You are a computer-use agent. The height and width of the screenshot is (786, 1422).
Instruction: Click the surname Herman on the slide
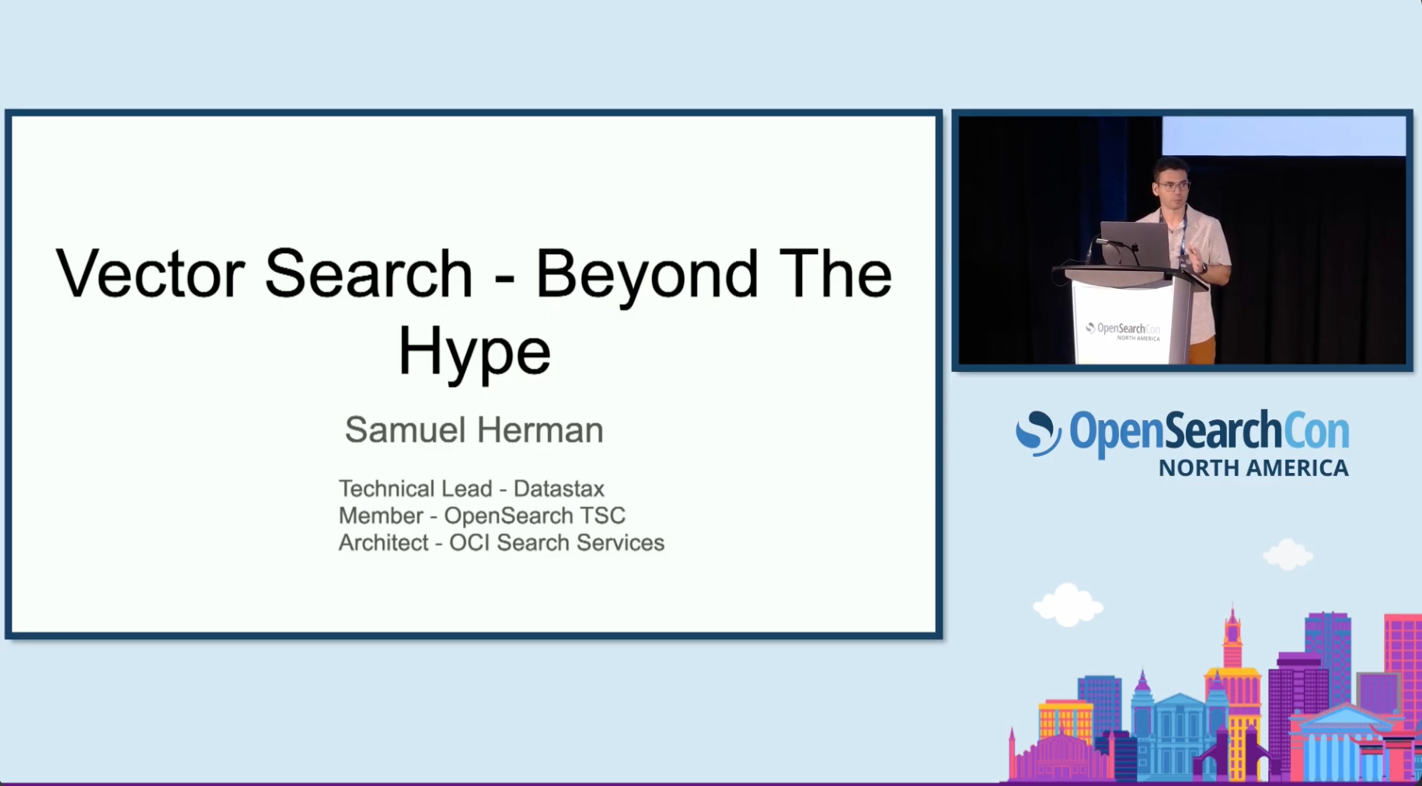point(539,430)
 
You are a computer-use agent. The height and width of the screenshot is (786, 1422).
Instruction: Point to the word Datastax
point(559,489)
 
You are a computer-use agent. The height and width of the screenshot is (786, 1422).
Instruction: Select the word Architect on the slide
point(383,542)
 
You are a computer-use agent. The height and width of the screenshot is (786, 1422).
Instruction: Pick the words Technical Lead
point(415,489)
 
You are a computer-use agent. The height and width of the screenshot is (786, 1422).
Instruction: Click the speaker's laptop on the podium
point(1135,245)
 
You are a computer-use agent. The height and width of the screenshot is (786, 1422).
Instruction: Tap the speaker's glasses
point(1173,186)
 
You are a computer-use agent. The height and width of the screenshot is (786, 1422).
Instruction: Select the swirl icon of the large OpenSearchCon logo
point(1038,432)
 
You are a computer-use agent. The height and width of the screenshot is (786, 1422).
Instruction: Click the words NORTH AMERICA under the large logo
point(1253,468)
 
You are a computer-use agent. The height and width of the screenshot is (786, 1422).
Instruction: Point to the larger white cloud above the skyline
point(1068,605)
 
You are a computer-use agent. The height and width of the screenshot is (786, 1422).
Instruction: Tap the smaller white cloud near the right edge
point(1288,555)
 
